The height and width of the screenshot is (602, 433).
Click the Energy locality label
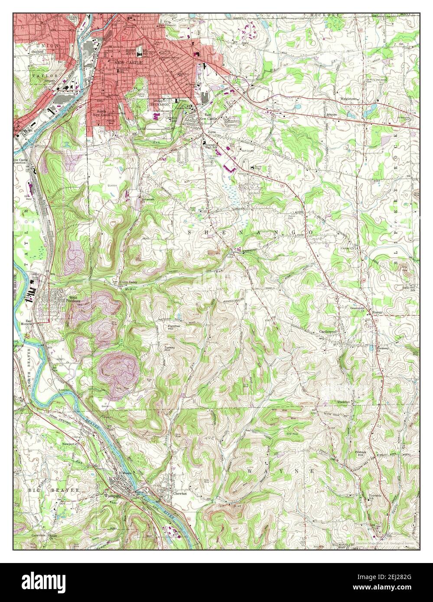pos(378,312)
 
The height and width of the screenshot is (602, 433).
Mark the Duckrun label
pos(344,402)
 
